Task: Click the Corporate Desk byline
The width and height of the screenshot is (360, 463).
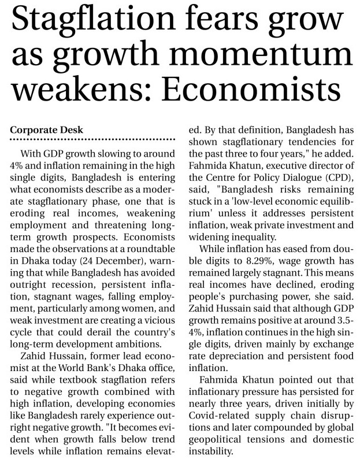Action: [x=46, y=130]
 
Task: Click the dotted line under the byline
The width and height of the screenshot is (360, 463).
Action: [x=92, y=140]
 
